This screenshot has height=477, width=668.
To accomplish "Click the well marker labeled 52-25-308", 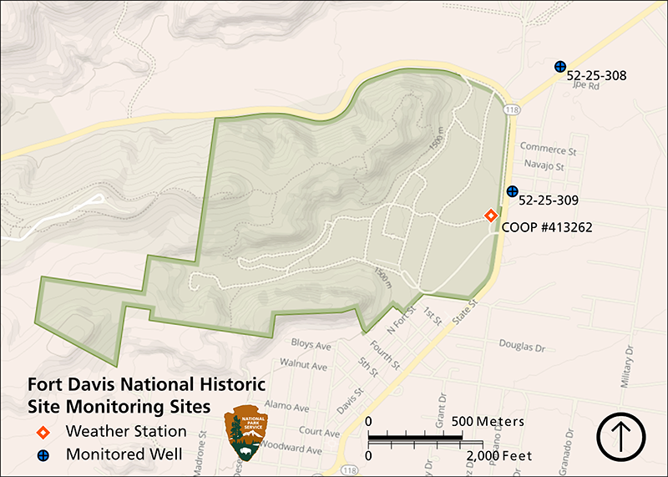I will point(560,66).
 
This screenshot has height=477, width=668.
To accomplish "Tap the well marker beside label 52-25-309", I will point(512,191).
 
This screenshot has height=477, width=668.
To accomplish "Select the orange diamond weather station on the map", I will point(492,216).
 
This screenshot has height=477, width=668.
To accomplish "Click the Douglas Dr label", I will point(522,344).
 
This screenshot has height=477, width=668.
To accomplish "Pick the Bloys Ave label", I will point(311,344).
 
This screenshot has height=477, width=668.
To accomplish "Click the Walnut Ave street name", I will point(304,364).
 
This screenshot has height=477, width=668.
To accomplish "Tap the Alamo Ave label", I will point(295,406).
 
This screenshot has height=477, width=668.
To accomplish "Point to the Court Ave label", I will point(319,432).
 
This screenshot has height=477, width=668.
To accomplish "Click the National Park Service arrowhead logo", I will point(248,434).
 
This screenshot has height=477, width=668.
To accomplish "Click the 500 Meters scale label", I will point(488,420).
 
